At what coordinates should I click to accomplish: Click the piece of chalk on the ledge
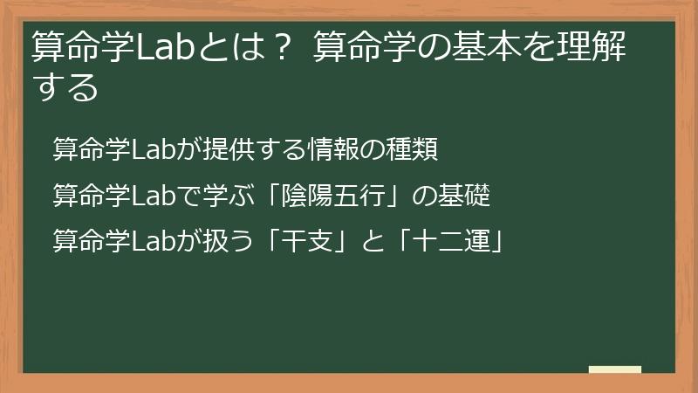(x=615, y=370)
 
